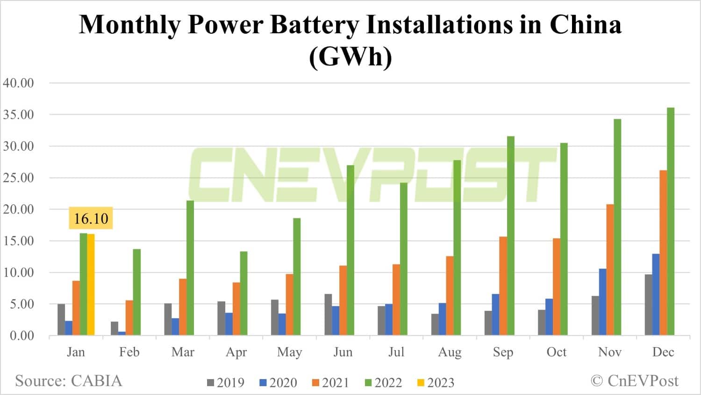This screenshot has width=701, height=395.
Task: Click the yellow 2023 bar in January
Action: click(91, 285)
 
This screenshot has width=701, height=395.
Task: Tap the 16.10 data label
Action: click(91, 218)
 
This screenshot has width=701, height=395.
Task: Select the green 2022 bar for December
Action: click(671, 221)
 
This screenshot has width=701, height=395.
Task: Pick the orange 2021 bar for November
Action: click(610, 270)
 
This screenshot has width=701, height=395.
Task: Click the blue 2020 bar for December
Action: click(656, 294)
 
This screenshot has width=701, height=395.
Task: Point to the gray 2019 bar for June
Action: click(328, 315)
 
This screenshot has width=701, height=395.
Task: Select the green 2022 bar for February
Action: click(136, 292)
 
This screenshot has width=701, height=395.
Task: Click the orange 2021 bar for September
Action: click(503, 286)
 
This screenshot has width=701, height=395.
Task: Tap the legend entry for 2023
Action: click(436, 383)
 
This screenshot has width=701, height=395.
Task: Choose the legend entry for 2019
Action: click(226, 383)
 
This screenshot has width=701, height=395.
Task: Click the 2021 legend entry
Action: click(330, 383)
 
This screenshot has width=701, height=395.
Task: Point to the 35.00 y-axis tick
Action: click(19, 115)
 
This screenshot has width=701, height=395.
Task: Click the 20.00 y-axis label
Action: click(19, 209)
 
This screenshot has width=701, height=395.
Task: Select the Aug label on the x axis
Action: click(450, 352)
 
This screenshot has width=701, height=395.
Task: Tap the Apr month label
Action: click(236, 352)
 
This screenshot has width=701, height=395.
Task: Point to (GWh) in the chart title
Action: click(350, 57)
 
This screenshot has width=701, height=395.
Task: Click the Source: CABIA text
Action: click(68, 380)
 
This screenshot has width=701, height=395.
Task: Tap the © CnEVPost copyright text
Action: click(634, 380)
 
